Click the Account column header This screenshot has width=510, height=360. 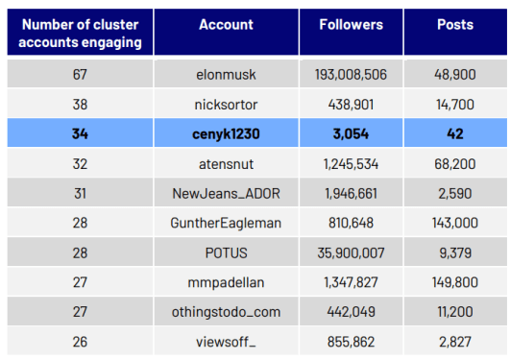click(x=226, y=24)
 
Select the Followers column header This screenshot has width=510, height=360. click(x=351, y=24)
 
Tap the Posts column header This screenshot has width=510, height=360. click(x=454, y=24)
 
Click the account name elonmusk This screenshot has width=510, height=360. click(x=226, y=73)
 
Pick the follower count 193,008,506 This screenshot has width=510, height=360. click(x=351, y=73)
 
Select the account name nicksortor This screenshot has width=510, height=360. click(x=226, y=104)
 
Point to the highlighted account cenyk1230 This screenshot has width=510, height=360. click(x=226, y=133)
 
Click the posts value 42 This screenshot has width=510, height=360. click(x=454, y=133)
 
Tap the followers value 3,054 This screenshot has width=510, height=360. click(x=351, y=133)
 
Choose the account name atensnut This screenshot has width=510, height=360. click(x=226, y=164)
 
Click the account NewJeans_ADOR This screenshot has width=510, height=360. click(x=226, y=194)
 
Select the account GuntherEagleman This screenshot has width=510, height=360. click(x=226, y=224)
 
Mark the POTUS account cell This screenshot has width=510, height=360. click(x=226, y=253)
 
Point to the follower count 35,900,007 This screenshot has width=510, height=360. click(x=351, y=253)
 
